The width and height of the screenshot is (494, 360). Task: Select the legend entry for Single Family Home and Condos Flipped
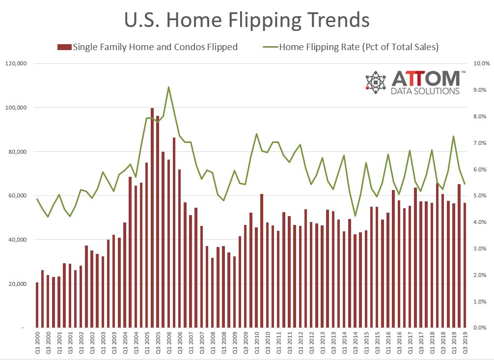coord(147,47)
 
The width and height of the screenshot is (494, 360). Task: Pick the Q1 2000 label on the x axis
coord(37,342)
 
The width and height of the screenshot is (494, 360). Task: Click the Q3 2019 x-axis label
coord(465,342)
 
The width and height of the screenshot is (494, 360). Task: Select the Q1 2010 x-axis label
coord(256,342)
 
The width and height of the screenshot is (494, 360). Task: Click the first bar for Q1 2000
coord(37,305)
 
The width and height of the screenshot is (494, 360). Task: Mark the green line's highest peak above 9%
coord(168,87)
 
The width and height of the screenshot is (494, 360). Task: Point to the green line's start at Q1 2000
coord(37,199)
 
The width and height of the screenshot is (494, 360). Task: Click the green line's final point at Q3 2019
coord(465,184)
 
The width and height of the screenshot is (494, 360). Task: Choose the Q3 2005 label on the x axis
coord(158,342)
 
